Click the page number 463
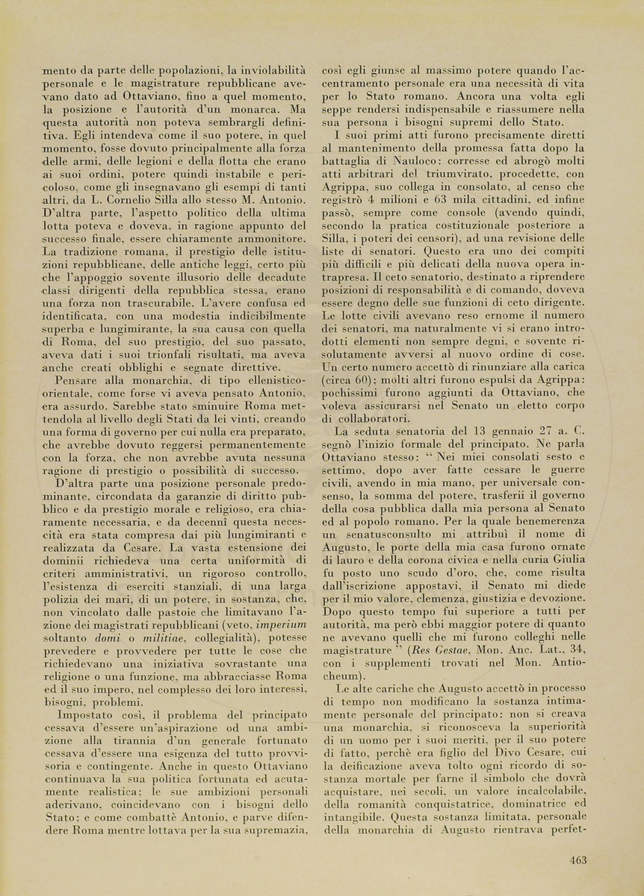[577, 860]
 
